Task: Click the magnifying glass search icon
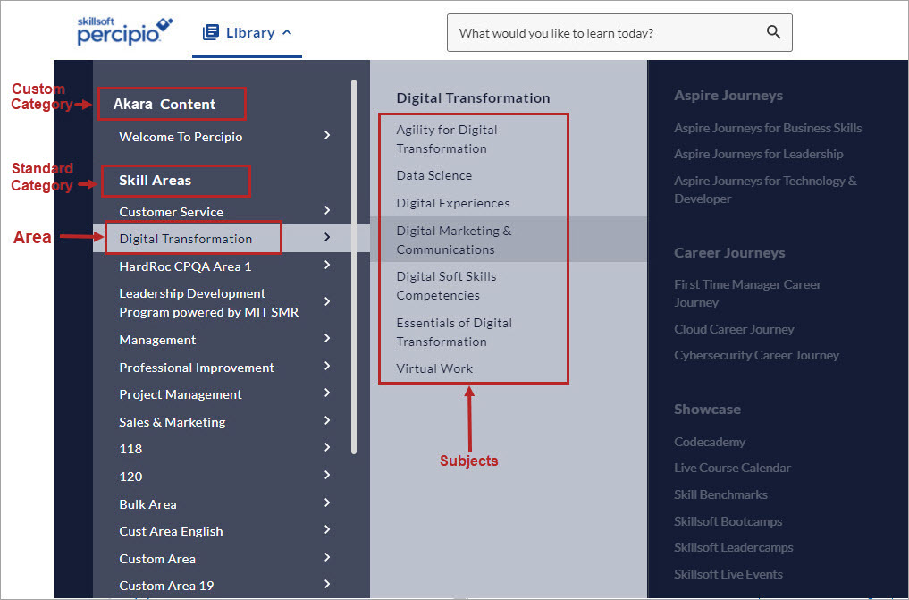coord(773,33)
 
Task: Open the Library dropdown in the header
coord(248,33)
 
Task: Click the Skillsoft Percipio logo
coord(123,31)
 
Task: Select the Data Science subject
coord(434,175)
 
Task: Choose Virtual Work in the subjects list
coord(434,368)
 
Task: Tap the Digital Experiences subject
coord(453,203)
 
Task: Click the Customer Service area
coord(171,212)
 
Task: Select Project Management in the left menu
coord(181,394)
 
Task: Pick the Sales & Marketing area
coord(173,422)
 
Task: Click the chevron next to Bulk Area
coord(327,503)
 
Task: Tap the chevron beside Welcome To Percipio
coord(327,135)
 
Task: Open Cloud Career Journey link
coord(734,329)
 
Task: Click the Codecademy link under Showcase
coord(710,442)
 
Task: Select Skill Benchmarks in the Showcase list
coord(720,494)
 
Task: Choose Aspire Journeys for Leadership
coord(758,154)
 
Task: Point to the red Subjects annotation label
coord(468,461)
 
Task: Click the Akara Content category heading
coord(164,105)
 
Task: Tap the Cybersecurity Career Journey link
coord(756,355)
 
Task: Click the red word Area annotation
coord(32,238)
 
